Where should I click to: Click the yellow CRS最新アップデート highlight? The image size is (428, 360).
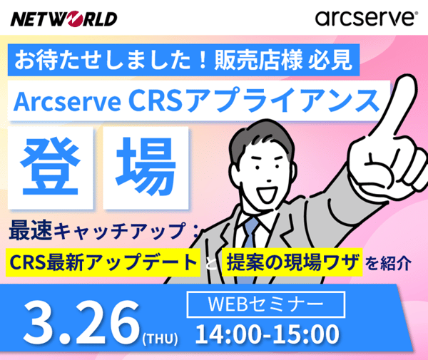coord(103,261)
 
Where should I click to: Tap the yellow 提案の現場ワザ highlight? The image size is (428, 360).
coord(292,261)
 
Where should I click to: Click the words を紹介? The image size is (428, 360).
coord(388,262)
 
